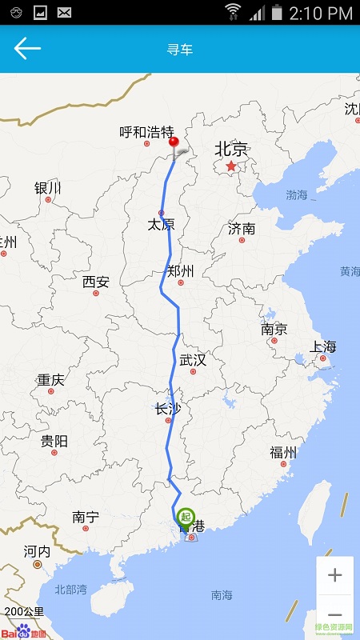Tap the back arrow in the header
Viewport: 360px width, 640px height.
(x=26, y=49)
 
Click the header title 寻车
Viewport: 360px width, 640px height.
(x=180, y=50)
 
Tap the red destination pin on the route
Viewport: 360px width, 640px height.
(x=174, y=144)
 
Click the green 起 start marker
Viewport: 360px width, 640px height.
(x=186, y=518)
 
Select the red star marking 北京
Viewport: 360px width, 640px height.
(x=231, y=166)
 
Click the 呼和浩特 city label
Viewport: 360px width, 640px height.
(x=146, y=132)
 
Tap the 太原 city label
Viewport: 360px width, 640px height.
(x=161, y=225)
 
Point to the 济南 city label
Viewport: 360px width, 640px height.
(x=242, y=229)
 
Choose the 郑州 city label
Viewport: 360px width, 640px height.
(x=181, y=271)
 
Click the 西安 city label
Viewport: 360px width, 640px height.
(x=96, y=282)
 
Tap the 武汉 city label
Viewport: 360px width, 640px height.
(x=193, y=360)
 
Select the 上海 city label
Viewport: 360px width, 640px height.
(x=323, y=346)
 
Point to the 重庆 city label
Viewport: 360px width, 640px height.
(x=50, y=380)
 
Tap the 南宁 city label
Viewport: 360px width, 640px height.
(x=85, y=518)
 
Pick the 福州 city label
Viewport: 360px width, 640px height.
(x=283, y=453)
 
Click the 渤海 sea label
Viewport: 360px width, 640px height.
(x=297, y=194)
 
